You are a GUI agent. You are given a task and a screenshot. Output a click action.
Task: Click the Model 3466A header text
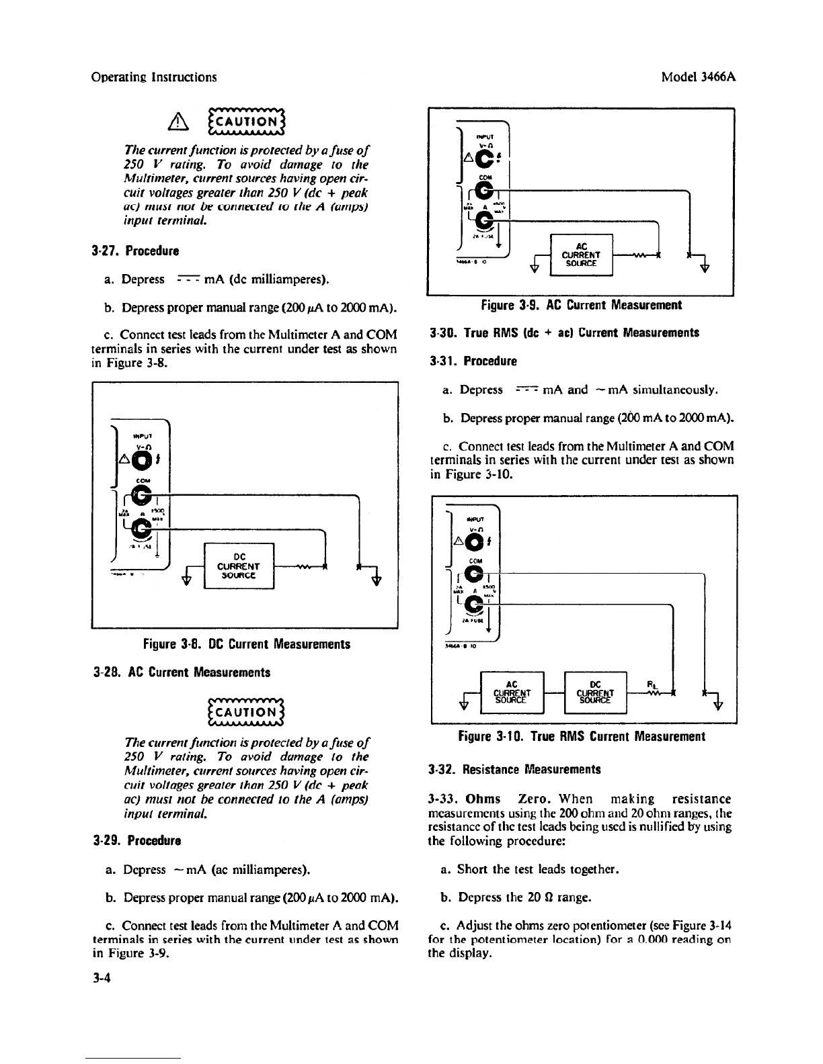click(x=699, y=77)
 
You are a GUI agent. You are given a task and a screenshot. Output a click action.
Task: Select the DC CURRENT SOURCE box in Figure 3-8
click(x=238, y=565)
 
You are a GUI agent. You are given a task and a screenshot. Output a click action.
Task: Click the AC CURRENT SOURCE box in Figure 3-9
click(x=582, y=255)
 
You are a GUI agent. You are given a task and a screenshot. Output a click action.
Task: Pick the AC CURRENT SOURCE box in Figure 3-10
click(x=512, y=693)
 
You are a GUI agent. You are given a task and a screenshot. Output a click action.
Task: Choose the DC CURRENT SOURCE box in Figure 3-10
click(x=596, y=693)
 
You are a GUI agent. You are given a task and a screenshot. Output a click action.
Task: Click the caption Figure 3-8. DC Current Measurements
click(x=246, y=644)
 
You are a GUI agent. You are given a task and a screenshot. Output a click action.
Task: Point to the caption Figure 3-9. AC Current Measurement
click(x=581, y=305)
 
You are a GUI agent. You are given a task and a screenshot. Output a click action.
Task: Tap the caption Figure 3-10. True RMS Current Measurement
click(x=581, y=736)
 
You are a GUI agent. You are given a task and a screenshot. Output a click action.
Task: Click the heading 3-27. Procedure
click(x=135, y=251)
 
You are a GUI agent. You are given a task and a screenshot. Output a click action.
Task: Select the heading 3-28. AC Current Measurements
click(x=181, y=672)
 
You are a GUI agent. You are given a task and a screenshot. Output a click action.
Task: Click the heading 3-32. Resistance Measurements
click(x=514, y=770)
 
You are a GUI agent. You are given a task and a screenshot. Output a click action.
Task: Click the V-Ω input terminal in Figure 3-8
click(x=143, y=459)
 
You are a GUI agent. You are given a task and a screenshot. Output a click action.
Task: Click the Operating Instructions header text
click(x=154, y=77)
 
